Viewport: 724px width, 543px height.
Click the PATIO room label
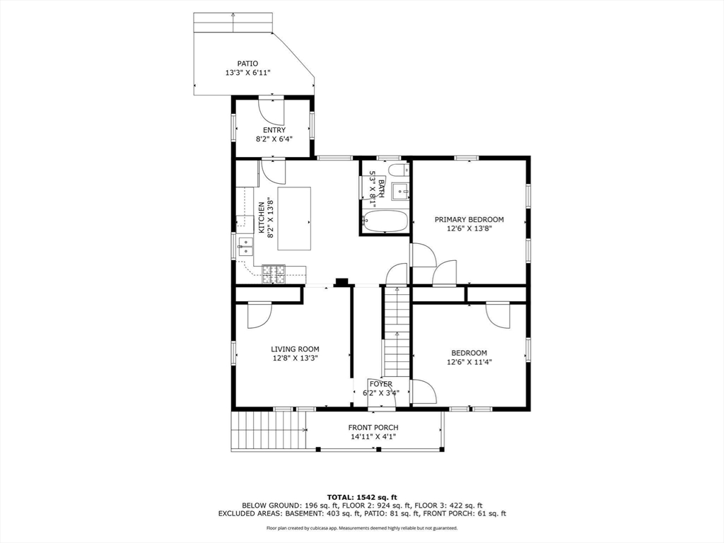247,63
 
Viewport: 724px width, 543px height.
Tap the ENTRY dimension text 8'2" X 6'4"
274,139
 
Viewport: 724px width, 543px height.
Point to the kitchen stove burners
274,274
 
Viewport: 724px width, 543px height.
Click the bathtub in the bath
385,221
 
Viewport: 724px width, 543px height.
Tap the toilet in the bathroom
397,170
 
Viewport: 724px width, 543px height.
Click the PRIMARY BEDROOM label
469,219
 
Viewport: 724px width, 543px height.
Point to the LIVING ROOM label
295,349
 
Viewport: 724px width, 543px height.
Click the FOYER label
380,384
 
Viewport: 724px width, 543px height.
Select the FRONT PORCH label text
373,427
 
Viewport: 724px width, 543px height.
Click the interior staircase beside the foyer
397,332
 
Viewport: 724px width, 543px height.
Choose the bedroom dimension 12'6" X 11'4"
469,362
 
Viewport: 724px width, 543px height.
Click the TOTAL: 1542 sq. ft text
361,496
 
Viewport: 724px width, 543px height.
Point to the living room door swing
259,315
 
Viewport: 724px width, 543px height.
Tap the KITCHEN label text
262,217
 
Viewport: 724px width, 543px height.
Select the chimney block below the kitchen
342,282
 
